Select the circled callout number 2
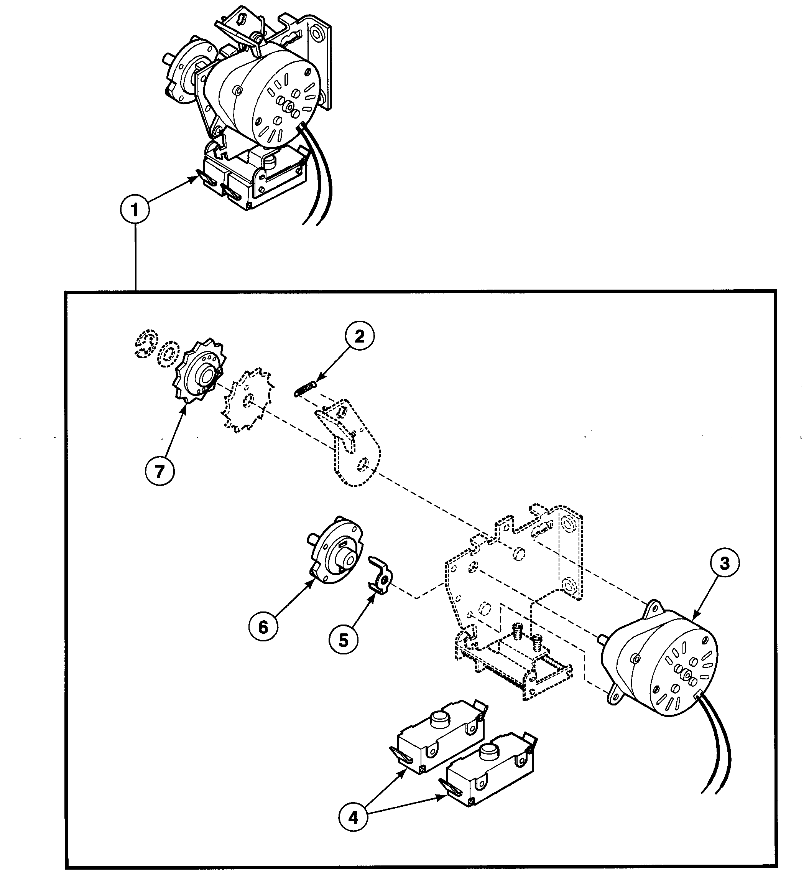click(x=359, y=337)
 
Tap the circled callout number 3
click(x=725, y=563)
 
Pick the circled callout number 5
click(x=344, y=640)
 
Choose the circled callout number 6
click(x=263, y=627)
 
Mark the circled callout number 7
click(x=159, y=471)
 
